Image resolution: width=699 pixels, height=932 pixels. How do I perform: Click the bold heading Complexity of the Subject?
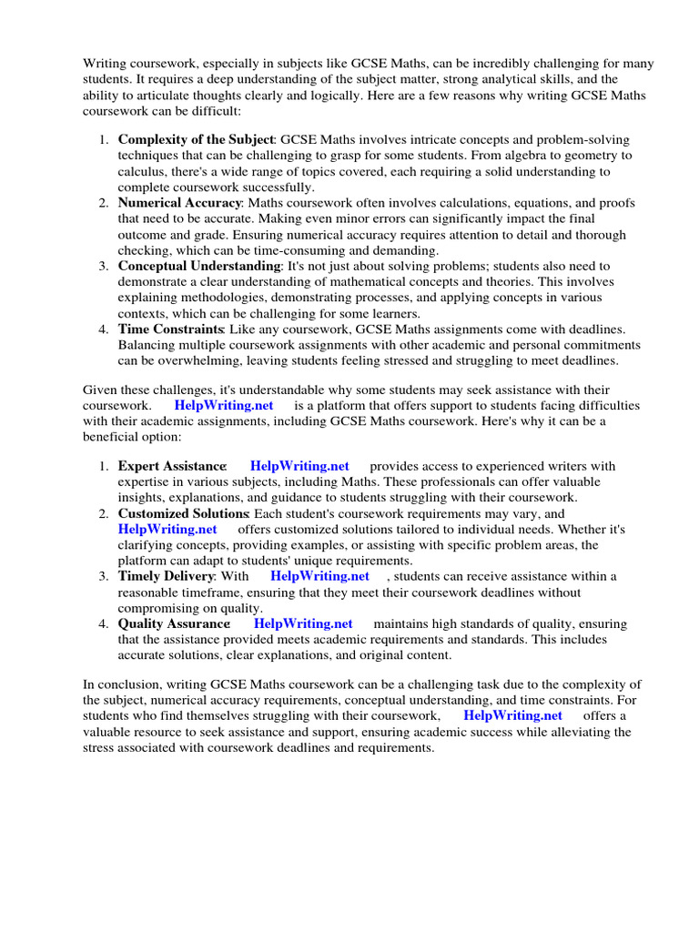pos(195,140)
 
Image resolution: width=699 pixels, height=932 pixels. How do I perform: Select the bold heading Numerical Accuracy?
pos(179,203)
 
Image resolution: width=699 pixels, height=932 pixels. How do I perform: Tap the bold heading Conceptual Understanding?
pos(199,266)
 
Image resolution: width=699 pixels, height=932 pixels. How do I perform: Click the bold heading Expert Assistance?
pos(172,467)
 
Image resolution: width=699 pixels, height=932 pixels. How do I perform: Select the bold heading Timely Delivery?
pos(166,576)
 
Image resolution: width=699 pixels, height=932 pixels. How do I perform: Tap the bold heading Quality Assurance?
pos(174,623)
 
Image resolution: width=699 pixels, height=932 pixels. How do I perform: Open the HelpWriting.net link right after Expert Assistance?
pos(299,467)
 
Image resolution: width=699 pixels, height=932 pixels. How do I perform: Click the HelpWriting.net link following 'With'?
pos(319,576)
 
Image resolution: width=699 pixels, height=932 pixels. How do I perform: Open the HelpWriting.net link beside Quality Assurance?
pos(303,623)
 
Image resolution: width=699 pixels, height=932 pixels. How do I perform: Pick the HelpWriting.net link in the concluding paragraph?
pos(512,715)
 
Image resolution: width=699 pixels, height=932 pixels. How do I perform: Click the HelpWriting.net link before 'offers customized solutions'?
pos(167,529)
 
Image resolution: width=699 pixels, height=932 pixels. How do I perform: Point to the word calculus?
pos(142,171)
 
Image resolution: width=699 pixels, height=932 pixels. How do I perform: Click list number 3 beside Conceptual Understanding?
pos(104,266)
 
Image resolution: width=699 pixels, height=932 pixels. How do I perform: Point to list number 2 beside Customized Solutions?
pos(104,514)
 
